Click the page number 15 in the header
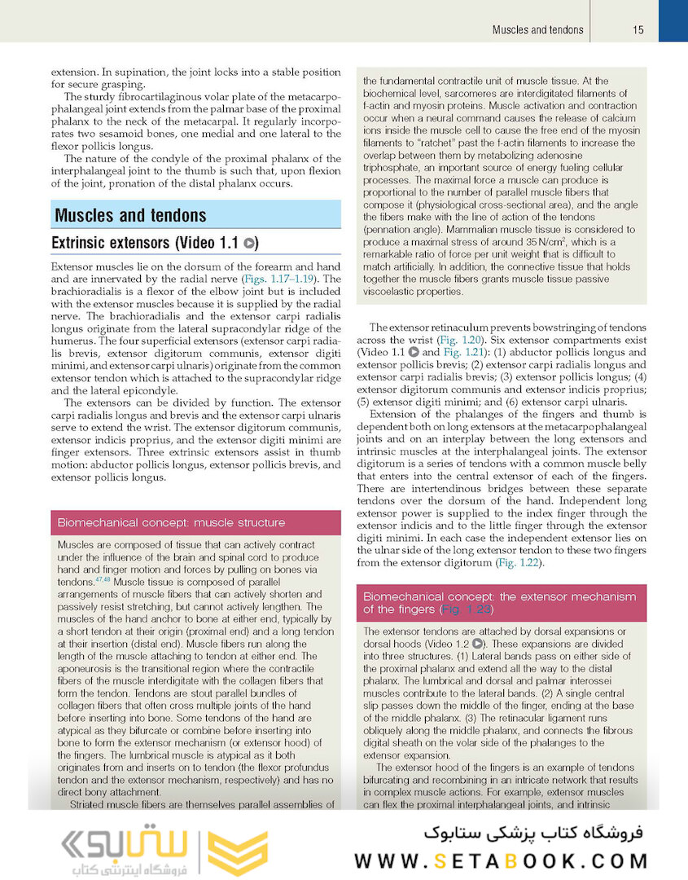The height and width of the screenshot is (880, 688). [x=638, y=30]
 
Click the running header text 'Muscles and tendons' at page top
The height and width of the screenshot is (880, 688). [x=537, y=30]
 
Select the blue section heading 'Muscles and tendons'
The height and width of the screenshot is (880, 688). [x=130, y=216]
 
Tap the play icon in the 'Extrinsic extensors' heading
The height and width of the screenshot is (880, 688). [x=251, y=243]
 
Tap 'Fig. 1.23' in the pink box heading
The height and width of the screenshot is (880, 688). [x=466, y=609]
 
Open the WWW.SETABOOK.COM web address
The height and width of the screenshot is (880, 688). [x=502, y=860]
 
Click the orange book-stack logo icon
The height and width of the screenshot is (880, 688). [x=237, y=852]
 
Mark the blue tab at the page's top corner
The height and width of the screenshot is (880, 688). [x=673, y=20]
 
